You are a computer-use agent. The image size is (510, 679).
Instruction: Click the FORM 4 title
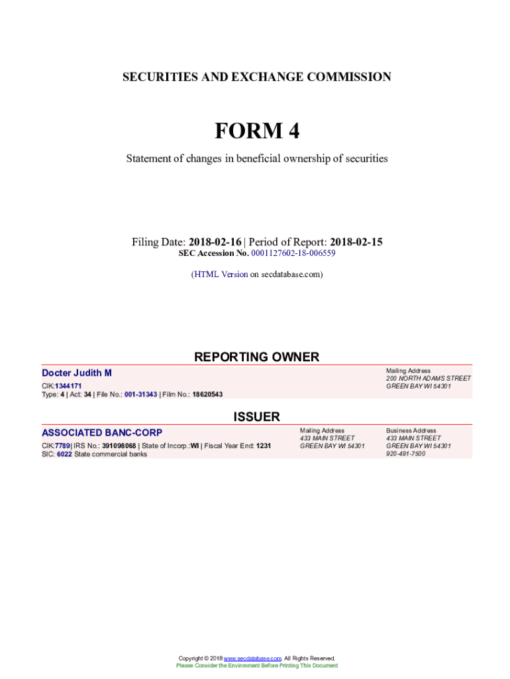tap(256, 131)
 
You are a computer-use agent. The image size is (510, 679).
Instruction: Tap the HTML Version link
tap(221, 274)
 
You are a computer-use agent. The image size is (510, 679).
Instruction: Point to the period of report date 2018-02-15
tap(356, 242)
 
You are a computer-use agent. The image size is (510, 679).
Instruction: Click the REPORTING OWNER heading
tap(256, 357)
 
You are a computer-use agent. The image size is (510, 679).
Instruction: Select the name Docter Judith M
tap(77, 373)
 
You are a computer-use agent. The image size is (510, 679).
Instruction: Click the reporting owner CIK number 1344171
tap(69, 386)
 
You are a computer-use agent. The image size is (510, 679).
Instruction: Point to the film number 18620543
tap(207, 395)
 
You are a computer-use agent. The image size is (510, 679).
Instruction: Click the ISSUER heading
tap(256, 417)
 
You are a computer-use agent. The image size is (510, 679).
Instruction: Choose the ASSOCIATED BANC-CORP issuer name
tap(102, 433)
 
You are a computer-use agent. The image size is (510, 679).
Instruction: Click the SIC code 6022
tap(64, 454)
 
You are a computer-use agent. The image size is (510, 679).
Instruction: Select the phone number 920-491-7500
tap(406, 454)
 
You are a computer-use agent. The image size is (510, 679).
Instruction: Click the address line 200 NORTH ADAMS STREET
tap(429, 379)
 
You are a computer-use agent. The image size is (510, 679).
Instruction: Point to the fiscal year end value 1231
tap(264, 446)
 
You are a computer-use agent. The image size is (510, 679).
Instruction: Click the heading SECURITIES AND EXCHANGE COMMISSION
tap(256, 77)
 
